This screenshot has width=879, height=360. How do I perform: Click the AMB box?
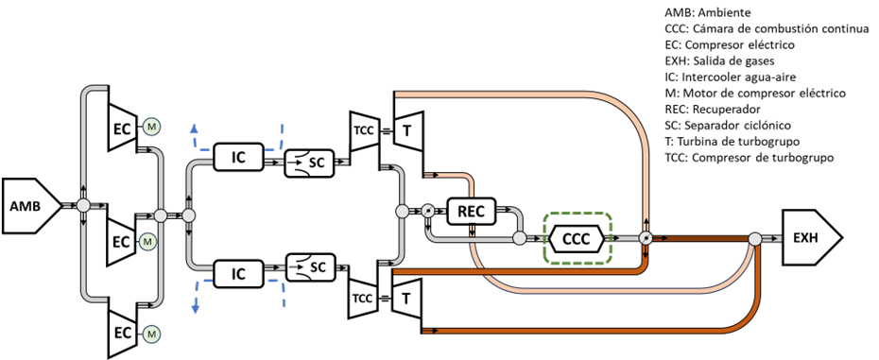[28, 205]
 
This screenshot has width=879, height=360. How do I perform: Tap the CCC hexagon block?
[577, 238]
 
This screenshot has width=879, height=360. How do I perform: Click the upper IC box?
[238, 157]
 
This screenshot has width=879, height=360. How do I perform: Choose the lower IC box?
[238, 274]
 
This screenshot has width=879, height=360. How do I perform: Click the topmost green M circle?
[150, 126]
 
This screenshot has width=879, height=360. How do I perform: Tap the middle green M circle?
[147, 242]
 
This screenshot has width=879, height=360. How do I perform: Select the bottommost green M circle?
[151, 334]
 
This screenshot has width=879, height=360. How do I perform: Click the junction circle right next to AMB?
[83, 205]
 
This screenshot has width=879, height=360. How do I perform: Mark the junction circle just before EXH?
[755, 239]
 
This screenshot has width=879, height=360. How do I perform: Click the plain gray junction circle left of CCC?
[519, 238]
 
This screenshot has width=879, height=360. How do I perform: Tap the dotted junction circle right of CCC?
[646, 238]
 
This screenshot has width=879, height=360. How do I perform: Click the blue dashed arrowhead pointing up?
[194, 129]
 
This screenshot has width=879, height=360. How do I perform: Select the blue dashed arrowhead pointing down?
[195, 308]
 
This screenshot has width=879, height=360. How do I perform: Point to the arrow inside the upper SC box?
[298, 163]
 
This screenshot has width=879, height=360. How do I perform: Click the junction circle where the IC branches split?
[188, 215]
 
